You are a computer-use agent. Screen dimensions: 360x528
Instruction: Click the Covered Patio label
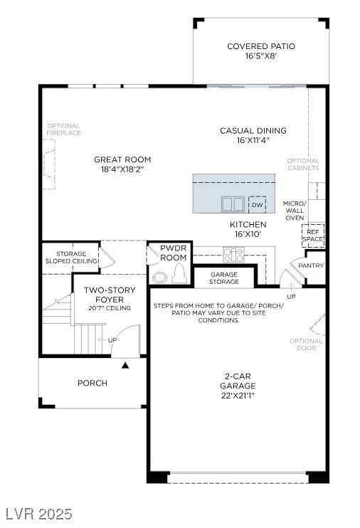tap(261, 46)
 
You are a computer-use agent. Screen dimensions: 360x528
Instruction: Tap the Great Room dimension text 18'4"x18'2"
tap(122, 169)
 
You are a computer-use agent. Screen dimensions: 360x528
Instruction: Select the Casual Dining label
tap(253, 131)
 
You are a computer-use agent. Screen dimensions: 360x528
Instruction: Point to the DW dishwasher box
tap(258, 205)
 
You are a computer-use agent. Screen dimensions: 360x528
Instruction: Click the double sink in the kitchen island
tap(233, 204)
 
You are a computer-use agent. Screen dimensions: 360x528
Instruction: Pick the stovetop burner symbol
tap(233, 255)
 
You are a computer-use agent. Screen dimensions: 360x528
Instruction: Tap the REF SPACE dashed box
tap(313, 235)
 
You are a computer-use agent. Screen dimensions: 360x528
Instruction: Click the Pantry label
tap(311, 265)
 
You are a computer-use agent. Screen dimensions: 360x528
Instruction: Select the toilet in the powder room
tap(179, 273)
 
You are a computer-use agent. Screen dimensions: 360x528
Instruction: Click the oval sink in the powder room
tap(160, 278)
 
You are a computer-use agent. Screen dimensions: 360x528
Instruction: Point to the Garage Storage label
tap(224, 278)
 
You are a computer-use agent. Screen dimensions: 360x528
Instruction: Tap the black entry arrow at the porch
tap(125, 365)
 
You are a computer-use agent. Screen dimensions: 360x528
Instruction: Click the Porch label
tap(92, 384)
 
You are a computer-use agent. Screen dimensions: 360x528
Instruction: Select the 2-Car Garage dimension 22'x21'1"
tap(238, 396)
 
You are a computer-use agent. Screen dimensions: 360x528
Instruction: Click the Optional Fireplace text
tap(63, 130)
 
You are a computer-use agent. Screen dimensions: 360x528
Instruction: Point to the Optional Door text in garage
tap(306, 344)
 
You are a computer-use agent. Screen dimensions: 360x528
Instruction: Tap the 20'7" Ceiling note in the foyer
tap(110, 308)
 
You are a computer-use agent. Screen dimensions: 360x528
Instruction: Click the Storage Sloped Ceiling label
tap(71, 258)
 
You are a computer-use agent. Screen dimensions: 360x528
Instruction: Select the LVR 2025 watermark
tap(38, 514)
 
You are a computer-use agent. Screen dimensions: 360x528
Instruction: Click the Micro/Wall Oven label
tap(295, 211)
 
